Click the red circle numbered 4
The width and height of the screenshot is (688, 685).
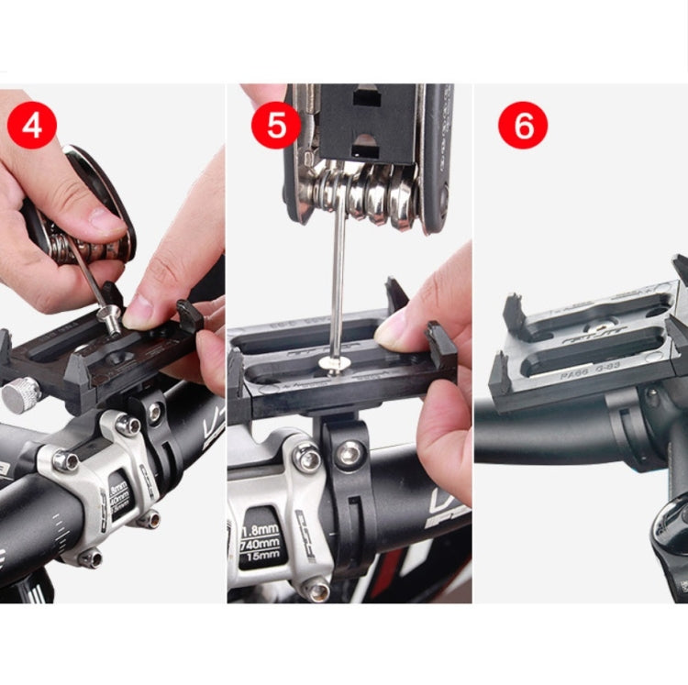32,125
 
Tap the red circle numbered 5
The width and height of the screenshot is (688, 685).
276,125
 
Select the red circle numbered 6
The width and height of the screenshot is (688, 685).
523,125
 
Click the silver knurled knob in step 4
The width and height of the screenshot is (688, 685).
20,394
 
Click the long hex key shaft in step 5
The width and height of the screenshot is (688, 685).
336,284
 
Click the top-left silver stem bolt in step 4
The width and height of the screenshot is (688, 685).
65,461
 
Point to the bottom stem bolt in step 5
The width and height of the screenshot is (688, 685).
318,590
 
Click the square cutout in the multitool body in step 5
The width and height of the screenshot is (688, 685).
367,96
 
